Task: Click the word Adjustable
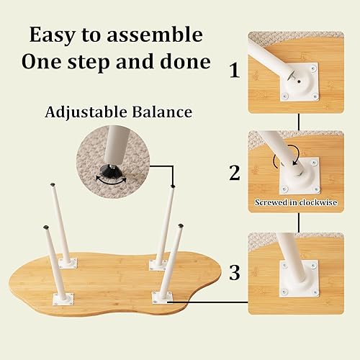coord(85,112)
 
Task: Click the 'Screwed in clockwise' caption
coord(295,202)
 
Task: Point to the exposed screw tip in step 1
coord(289,71)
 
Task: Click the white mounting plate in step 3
coord(299,278)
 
